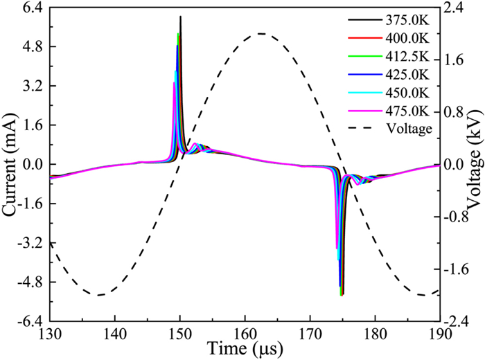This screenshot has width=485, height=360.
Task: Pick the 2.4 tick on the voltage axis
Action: pyautogui.click(x=455, y=8)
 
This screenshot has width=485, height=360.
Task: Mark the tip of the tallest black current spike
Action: pyautogui.click(x=180, y=17)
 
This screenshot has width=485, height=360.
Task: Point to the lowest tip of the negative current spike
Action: pyautogui.click(x=342, y=296)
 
